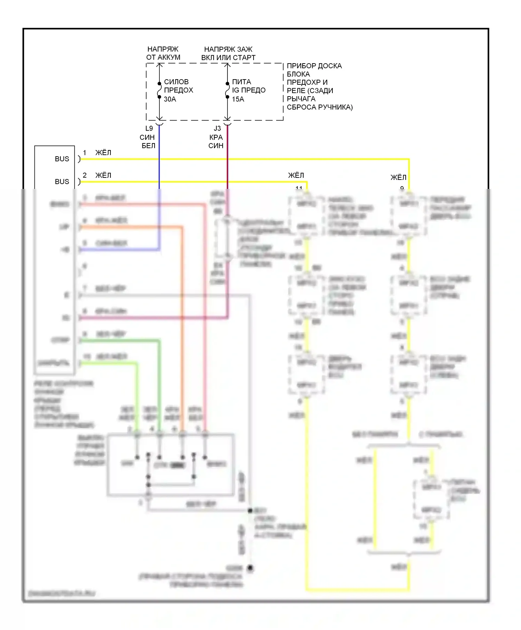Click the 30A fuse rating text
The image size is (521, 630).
pos(170,99)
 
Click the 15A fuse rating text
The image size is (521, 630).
pos(238,99)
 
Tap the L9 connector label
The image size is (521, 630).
pos(149,129)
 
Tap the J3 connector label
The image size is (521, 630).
pos(217,129)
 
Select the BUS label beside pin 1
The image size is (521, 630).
pos(62,159)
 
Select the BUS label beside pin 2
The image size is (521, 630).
pos(62,182)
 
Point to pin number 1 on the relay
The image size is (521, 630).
pos(84,153)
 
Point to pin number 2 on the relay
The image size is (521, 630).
pos(84,175)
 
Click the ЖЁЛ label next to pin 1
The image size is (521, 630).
pos(103,153)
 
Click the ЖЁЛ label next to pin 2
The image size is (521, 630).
pos(103,175)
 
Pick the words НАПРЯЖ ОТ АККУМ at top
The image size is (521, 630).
pos(163,53)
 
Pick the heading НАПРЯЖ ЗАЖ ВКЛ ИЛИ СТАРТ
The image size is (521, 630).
pos(228,53)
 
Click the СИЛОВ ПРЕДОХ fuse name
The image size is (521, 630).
pos(178,86)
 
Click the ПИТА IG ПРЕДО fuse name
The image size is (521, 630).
pos(248,86)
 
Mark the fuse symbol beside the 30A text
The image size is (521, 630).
pos(159,90)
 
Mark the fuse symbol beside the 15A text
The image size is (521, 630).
pos(228,90)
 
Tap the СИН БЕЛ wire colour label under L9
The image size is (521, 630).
pos(148,142)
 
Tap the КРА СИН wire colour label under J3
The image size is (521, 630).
pos(216,142)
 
